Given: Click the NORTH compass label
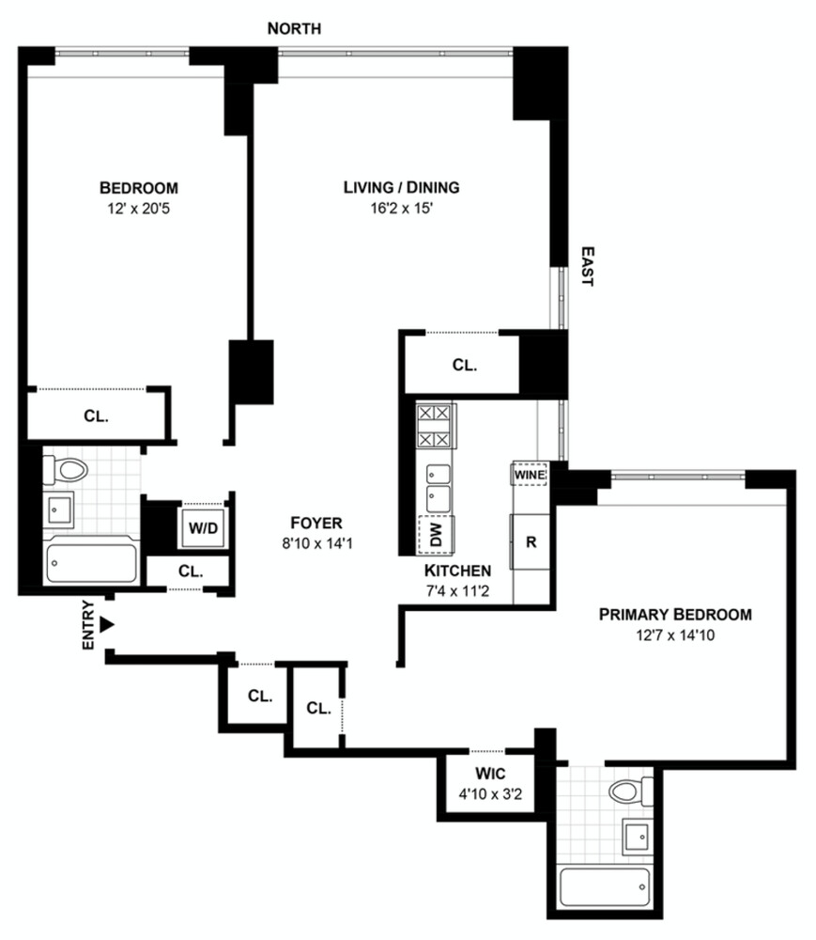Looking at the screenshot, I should tap(294, 29).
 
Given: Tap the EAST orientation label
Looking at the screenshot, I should tap(587, 266).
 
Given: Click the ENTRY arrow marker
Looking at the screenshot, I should tap(107, 624).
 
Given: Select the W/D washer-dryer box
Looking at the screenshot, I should tap(203, 527).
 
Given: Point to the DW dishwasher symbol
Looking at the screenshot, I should tap(435, 536).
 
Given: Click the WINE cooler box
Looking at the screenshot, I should tap(530, 475).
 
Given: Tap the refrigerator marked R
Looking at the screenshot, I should tap(530, 542).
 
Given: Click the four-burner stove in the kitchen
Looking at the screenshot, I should tap(435, 426).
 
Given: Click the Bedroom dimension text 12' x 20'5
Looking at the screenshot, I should tap(139, 208).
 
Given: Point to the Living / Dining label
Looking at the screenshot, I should tap(401, 187).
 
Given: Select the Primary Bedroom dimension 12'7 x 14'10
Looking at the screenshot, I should tap(675, 634).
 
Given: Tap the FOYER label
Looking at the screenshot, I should tap(316, 523).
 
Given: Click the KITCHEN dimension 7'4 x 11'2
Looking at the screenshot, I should tap(457, 592).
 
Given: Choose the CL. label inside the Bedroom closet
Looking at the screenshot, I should tap(98, 415).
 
